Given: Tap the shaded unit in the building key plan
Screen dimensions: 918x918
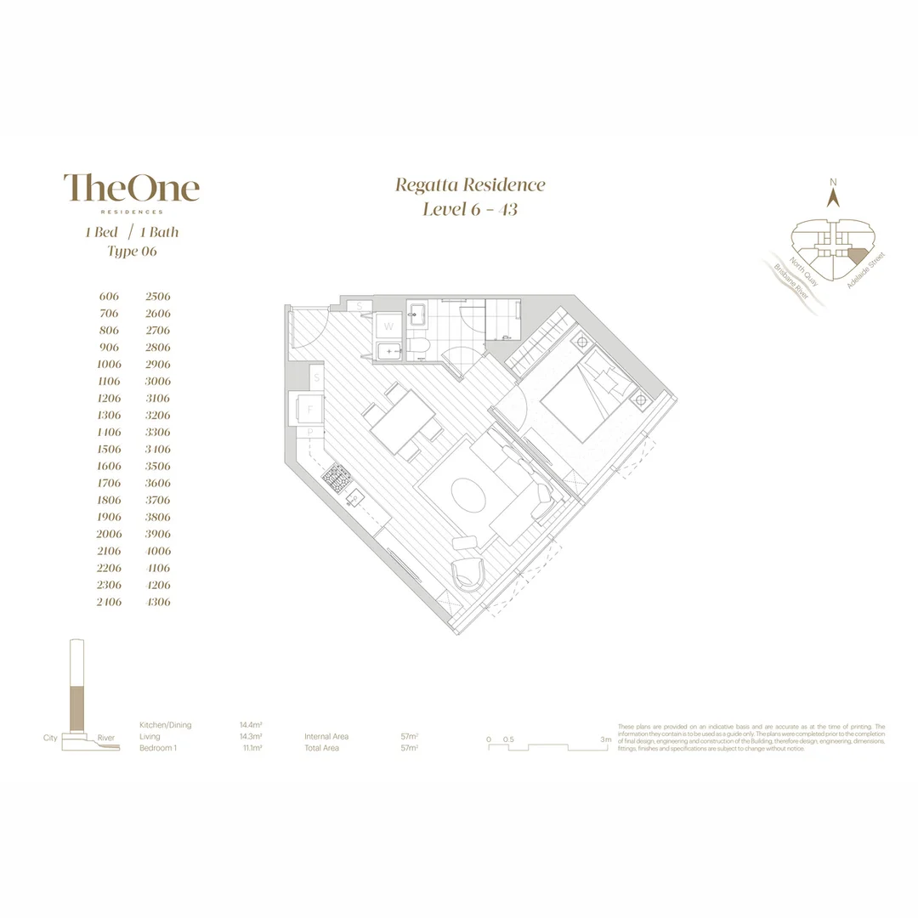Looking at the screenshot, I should pos(857,255).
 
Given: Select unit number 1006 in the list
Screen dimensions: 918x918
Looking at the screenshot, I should pos(109,364).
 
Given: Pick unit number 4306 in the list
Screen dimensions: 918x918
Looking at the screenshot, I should pos(158,602).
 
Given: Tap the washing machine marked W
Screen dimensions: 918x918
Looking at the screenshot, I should pos(388,326).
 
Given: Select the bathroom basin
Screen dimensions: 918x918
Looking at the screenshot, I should pos(416,314).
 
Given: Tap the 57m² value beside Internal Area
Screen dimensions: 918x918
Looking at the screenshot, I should pos(410,736).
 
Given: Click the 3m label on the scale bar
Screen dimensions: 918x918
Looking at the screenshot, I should pos(605,739).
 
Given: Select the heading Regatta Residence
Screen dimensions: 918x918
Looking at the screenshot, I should pos(470,185).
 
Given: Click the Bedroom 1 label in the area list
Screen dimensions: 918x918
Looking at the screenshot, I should pos(159,748).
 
